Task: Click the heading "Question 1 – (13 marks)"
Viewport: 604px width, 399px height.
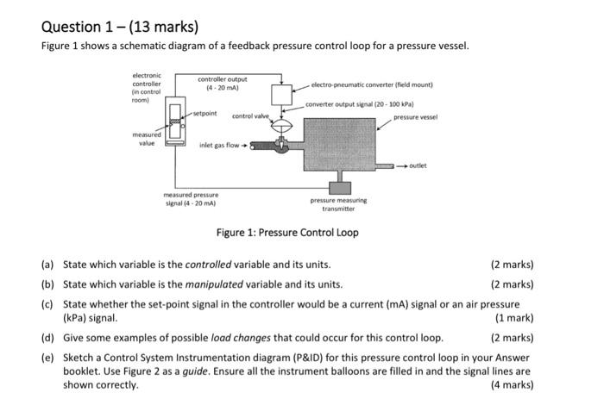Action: pos(119,25)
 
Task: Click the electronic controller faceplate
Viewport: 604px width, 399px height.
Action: pos(176,124)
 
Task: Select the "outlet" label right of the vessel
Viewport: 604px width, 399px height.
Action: pos(418,165)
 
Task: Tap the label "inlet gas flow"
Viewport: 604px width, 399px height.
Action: pos(219,145)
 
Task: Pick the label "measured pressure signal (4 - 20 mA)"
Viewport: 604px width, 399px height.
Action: pos(191,199)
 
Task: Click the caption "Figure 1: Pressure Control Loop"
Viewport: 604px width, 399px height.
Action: pos(287,233)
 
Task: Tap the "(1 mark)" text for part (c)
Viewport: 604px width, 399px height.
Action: pos(513,318)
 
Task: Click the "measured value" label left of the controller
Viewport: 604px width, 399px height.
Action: pos(145,139)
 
